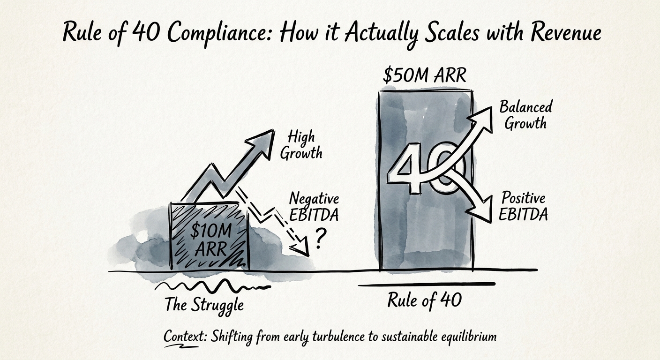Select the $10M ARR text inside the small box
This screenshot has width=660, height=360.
pyautogui.click(x=208, y=240)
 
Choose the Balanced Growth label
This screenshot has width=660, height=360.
pyautogui.click(x=525, y=114)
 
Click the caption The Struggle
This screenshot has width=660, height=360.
pyautogui.click(x=204, y=305)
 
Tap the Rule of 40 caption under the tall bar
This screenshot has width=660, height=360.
pyautogui.click(x=424, y=300)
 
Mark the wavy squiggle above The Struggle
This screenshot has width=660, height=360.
pyautogui.click(x=211, y=285)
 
